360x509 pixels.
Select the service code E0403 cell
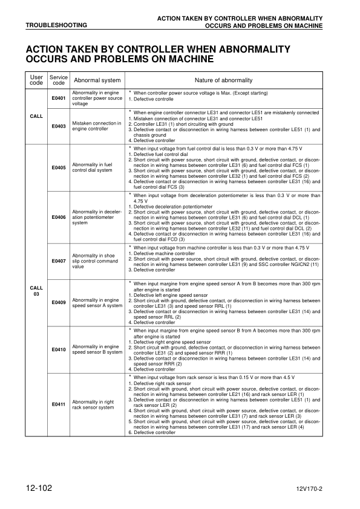pos(59,126)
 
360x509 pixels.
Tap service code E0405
pos(59,167)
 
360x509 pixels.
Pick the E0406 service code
pos(59,216)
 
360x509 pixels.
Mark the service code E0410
pos(59,349)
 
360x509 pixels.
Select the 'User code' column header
pos(36,80)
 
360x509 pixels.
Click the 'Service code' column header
pos(59,80)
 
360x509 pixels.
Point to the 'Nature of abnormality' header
pos(224,80)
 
